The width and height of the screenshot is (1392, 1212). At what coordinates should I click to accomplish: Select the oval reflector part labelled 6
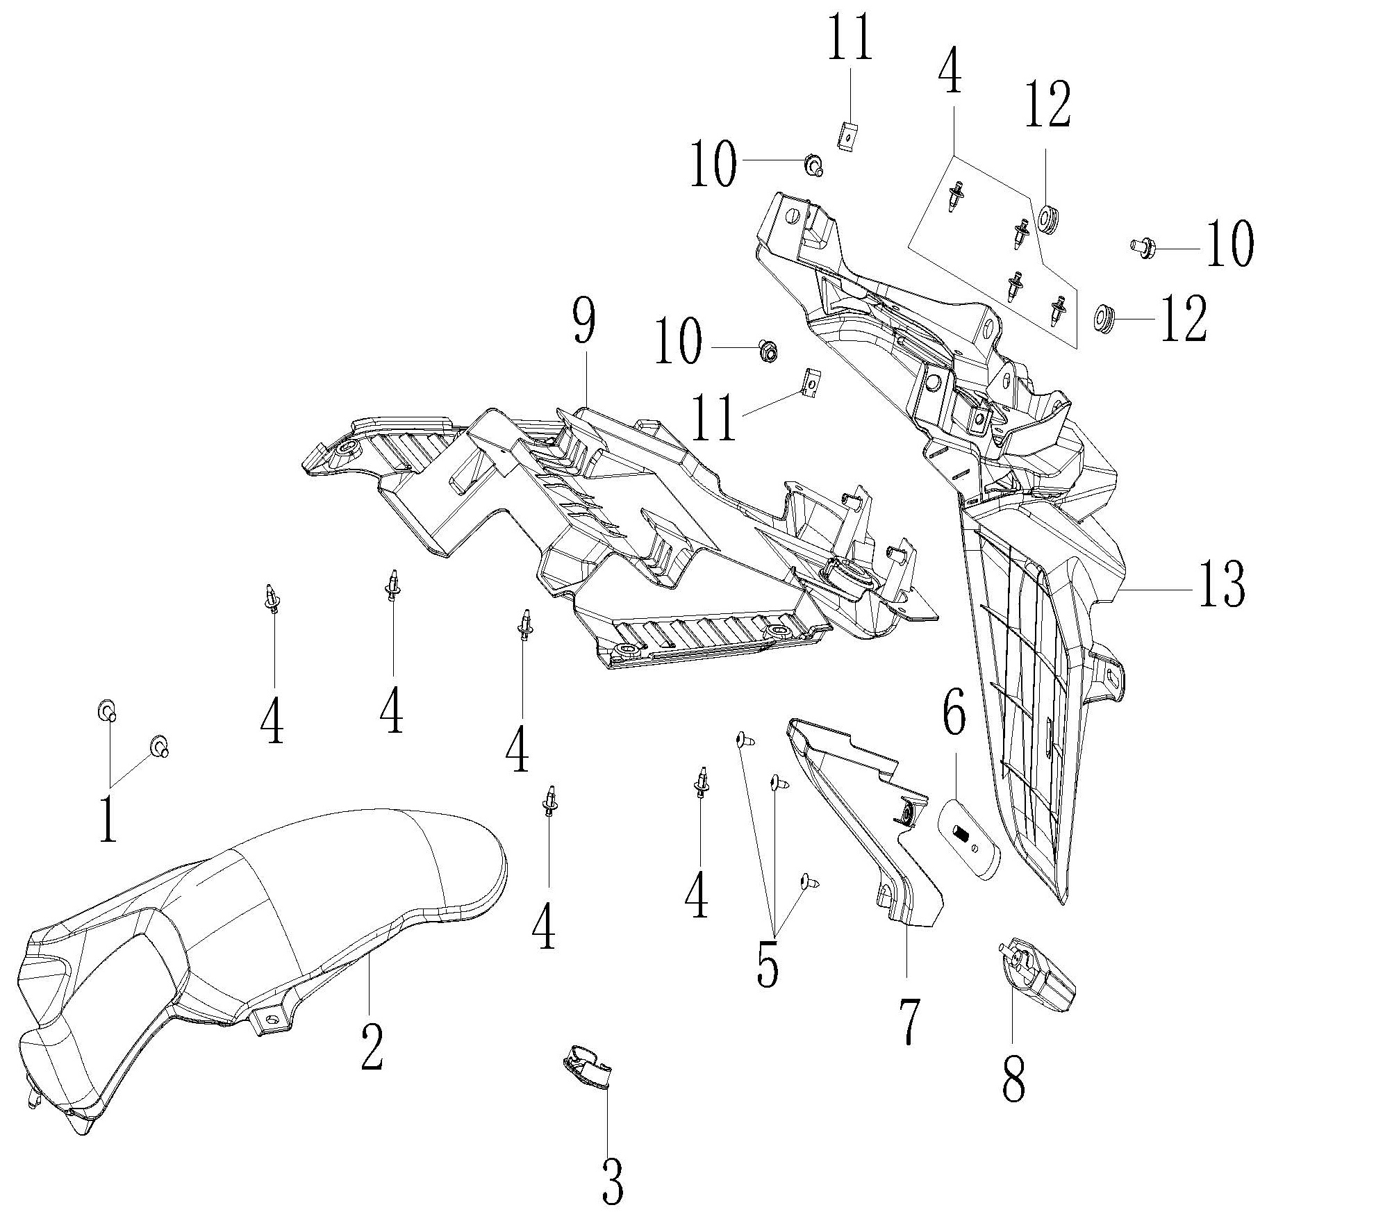click(970, 839)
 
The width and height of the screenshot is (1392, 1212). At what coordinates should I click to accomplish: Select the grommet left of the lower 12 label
click(1103, 318)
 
